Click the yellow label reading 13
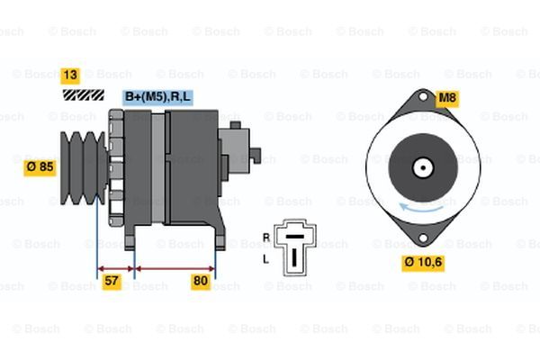click(70, 76)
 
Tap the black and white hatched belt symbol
click(84, 94)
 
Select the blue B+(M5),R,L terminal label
click(157, 97)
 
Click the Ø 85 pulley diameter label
click(40, 167)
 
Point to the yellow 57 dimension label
click(112, 282)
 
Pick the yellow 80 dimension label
click(201, 282)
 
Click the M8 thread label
click(447, 98)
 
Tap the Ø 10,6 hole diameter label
click(423, 263)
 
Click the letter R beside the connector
click(266, 238)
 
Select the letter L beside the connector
click(265, 259)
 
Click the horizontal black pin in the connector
click(295, 237)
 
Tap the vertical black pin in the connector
click(294, 257)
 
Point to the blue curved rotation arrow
click(421, 208)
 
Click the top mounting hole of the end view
click(423, 96)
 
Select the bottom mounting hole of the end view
click(423, 238)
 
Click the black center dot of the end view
click(423, 167)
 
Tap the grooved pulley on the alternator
click(84, 167)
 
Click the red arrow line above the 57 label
click(115, 269)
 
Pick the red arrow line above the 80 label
click(175, 269)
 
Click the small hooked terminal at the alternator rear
click(256, 156)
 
